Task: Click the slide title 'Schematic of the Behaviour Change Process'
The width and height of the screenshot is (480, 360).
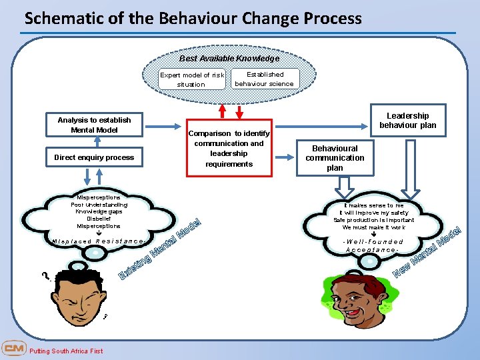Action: [193, 18]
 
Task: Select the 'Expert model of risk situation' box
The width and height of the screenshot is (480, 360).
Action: [191, 79]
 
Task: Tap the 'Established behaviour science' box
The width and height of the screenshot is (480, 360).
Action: [265, 79]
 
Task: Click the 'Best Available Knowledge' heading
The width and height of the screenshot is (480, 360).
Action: [229, 59]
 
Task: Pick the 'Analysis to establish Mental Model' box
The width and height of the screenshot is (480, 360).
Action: [94, 125]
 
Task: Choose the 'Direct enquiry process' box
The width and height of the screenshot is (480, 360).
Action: [94, 157]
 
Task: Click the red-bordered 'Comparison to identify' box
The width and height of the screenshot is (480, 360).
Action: [229, 148]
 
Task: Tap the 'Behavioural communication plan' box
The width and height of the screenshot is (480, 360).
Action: [335, 158]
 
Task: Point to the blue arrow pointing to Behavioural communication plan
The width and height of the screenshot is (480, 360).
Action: [287, 158]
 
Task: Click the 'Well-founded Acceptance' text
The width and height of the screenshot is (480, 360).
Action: [373, 245]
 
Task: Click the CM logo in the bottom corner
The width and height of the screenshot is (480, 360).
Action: [13, 349]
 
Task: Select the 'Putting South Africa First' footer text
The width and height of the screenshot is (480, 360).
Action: [67, 351]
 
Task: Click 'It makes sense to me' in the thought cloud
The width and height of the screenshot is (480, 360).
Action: [373, 205]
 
